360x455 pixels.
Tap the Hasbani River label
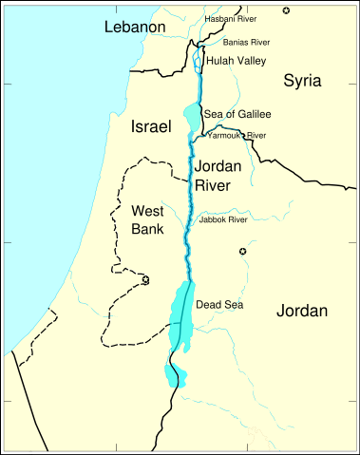click(x=231, y=19)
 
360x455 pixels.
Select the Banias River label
click(x=246, y=42)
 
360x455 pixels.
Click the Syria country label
click(x=303, y=82)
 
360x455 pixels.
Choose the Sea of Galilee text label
click(x=237, y=114)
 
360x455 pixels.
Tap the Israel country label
click(x=151, y=126)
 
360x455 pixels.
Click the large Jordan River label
click(x=218, y=175)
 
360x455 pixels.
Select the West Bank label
click(x=150, y=218)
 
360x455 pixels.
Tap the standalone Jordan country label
click(x=302, y=311)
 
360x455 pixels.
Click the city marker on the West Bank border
click(x=145, y=279)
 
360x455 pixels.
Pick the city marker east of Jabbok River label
click(x=242, y=251)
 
